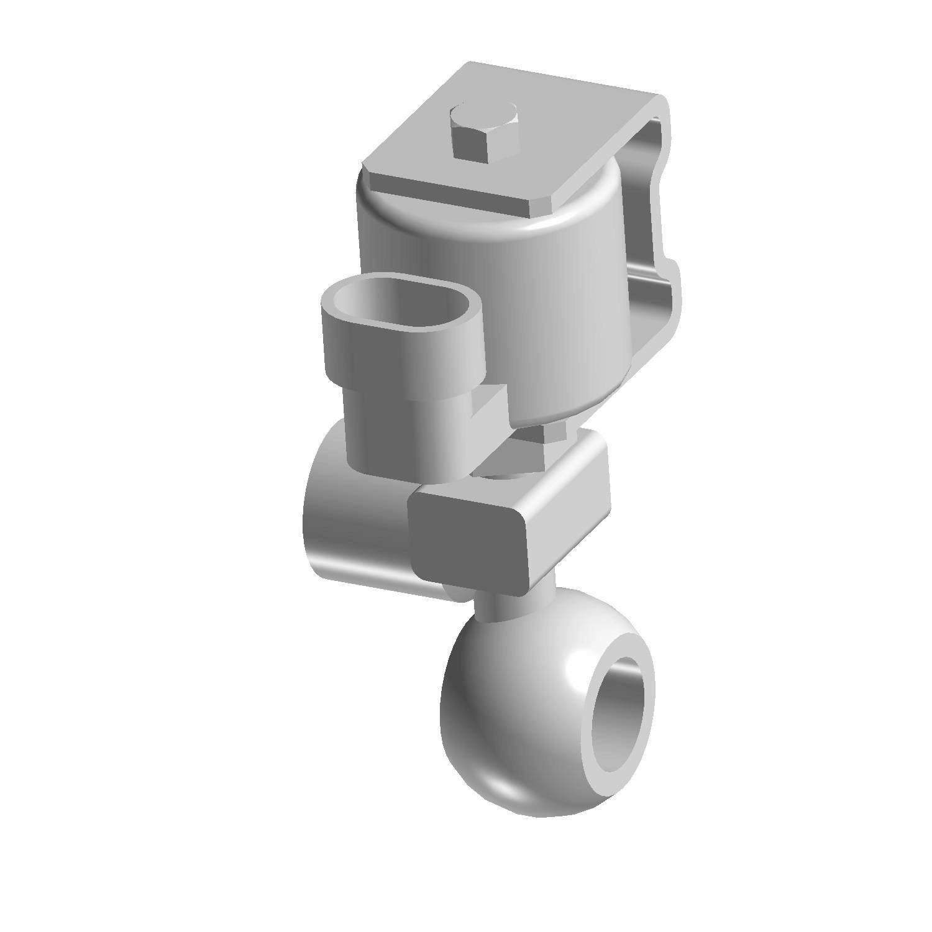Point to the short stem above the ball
pos(506,606)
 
